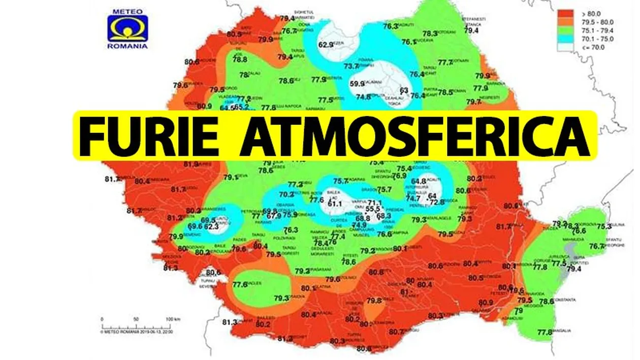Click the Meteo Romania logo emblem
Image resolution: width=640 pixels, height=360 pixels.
(127, 28)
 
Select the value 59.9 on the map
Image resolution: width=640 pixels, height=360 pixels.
(357, 84)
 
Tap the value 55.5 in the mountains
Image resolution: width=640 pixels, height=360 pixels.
(373, 209)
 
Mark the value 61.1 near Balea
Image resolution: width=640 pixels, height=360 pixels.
(334, 204)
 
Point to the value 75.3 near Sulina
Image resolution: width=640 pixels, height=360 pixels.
(604, 226)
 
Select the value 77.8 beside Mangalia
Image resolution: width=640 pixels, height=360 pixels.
(544, 333)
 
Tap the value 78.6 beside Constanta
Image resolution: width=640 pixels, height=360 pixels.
(546, 302)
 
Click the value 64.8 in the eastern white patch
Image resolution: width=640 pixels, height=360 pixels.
(418, 181)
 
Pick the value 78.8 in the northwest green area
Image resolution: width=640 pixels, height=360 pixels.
(239, 59)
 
